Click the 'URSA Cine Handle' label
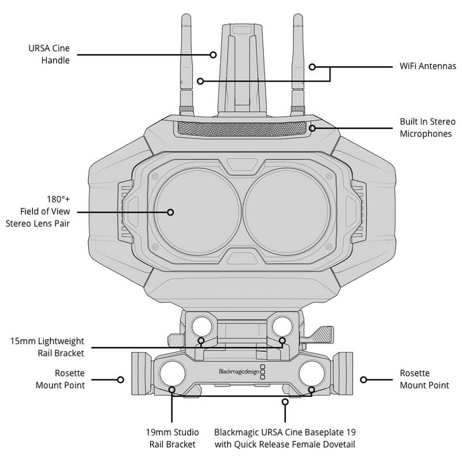click(49, 54)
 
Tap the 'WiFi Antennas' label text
click(428, 66)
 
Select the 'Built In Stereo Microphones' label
click(427, 128)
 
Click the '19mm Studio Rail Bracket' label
click(172, 438)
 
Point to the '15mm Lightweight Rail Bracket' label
click(47, 347)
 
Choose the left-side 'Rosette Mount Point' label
click(60, 379)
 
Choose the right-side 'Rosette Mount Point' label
click(424, 379)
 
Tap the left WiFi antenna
click(187, 64)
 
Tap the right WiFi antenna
click(298, 64)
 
